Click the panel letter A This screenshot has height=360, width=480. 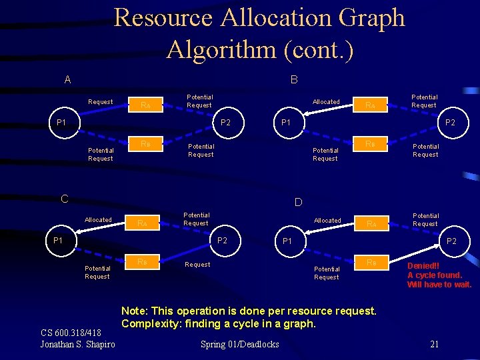click(x=67, y=80)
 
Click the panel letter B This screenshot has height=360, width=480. click(x=294, y=80)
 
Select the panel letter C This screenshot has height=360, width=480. click(x=65, y=199)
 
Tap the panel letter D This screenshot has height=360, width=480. click(x=298, y=201)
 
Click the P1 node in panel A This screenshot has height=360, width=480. click(x=61, y=123)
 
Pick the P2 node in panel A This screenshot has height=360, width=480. click(x=225, y=123)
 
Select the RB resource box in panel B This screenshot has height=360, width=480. click(x=370, y=144)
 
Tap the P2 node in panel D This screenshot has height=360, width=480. click(x=452, y=241)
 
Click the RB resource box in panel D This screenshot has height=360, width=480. click(x=370, y=263)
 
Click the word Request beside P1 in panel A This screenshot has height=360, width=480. click(x=101, y=102)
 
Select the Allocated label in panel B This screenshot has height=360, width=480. click(x=327, y=102)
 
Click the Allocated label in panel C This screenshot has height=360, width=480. click(x=98, y=220)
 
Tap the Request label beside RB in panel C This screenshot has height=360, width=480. click(x=197, y=265)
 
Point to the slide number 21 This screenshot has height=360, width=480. click(x=434, y=344)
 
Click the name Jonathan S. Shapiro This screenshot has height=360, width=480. click(x=78, y=344)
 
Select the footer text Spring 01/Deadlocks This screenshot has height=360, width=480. click(x=240, y=344)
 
